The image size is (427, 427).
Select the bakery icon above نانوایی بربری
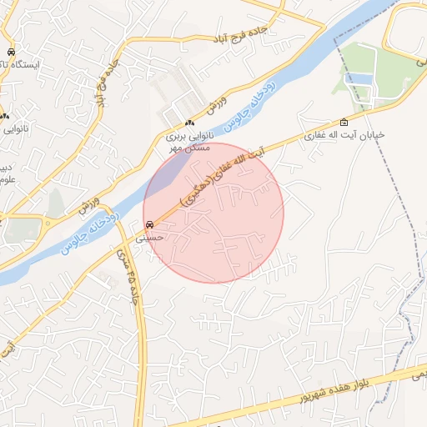[189, 123]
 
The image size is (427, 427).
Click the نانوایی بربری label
[189, 134]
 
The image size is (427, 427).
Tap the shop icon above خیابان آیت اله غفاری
[344, 122]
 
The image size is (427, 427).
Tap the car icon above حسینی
[149, 224]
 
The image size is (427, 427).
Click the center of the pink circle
[213, 213]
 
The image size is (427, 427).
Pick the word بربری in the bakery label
[178, 134]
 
